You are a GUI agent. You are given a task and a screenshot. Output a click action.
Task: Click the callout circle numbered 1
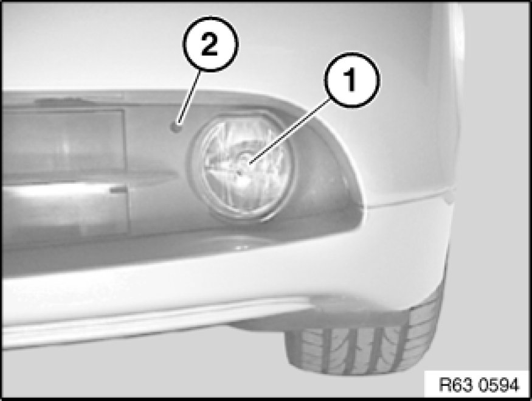pyautogui.click(x=352, y=80)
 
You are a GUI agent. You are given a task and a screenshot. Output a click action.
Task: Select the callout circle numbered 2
pyautogui.click(x=210, y=44)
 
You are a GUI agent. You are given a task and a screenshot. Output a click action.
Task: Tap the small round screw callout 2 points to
pyautogui.click(x=176, y=127)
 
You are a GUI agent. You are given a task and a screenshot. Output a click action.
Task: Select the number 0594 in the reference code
pyautogui.click(x=499, y=385)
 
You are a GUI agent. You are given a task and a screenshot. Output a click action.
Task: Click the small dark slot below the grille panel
pyautogui.click(x=118, y=190)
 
